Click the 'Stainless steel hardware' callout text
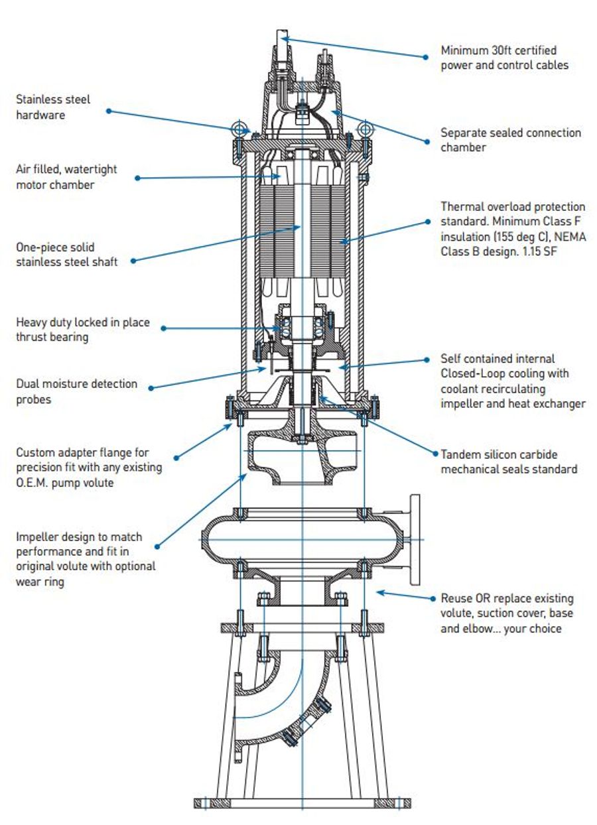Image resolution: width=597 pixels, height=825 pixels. click(x=53, y=107)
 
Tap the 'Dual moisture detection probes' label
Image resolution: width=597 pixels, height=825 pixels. click(x=77, y=391)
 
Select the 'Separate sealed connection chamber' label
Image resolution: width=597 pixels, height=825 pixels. click(x=511, y=140)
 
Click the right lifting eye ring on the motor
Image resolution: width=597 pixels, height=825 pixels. click(x=363, y=127)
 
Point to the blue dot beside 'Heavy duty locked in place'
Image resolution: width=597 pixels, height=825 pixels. click(x=163, y=328)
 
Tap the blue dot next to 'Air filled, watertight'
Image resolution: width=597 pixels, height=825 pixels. click(x=137, y=178)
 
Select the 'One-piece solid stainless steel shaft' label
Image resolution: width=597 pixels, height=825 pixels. click(x=67, y=255)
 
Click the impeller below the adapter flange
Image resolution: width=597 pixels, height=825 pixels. click(x=302, y=458)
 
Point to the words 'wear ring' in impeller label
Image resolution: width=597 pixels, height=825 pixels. click(x=40, y=582)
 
